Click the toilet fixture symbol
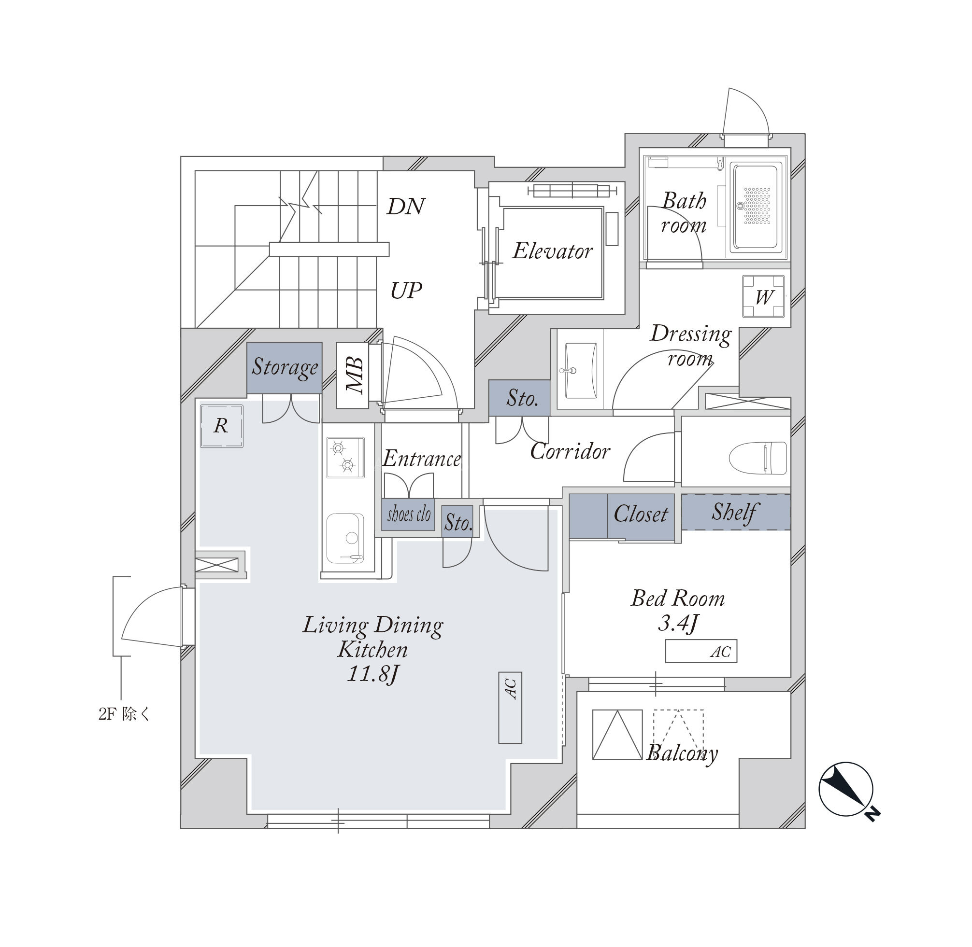point(758,458)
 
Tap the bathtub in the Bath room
point(756,207)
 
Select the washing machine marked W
point(763,296)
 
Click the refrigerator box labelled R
point(221,426)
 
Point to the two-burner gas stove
point(345,457)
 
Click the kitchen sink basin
point(345,538)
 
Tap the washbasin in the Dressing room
point(581,371)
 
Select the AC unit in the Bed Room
point(701,651)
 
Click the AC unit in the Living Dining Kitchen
point(510,708)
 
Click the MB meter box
point(352,376)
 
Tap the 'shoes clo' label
point(409,514)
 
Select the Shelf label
point(735,512)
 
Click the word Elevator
point(553,251)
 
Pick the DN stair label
point(406,206)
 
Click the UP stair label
point(406,291)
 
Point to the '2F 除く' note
point(124,715)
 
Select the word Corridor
point(570,451)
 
